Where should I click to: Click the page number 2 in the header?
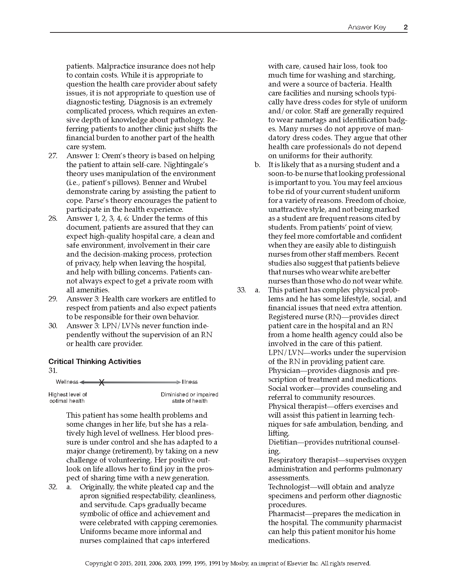(405, 27)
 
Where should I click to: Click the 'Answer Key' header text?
(367, 27)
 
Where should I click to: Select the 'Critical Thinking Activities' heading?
(95, 361)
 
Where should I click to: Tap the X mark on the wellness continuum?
(101, 382)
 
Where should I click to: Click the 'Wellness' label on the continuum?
(67, 382)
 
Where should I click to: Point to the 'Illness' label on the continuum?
(190, 382)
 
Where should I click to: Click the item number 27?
(53, 156)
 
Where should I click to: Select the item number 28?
(53, 218)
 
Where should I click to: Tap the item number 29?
(53, 299)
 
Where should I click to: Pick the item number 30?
(53, 326)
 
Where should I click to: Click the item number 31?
(53, 370)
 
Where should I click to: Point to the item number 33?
(241, 290)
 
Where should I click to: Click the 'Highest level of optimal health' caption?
(67, 398)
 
